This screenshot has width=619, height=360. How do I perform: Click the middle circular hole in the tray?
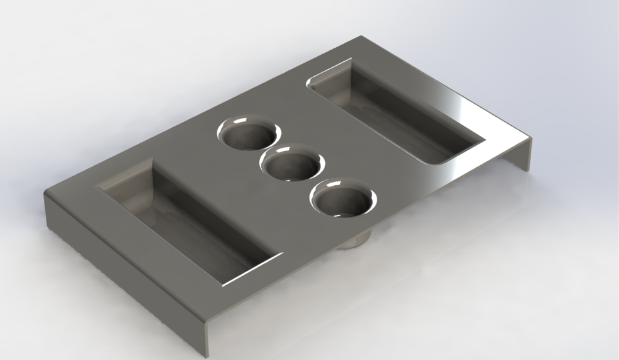pyautogui.click(x=291, y=165)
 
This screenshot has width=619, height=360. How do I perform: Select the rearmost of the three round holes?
pyautogui.click(x=248, y=134)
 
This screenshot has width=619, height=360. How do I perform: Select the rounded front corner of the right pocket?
pyautogui.click(x=431, y=161)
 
